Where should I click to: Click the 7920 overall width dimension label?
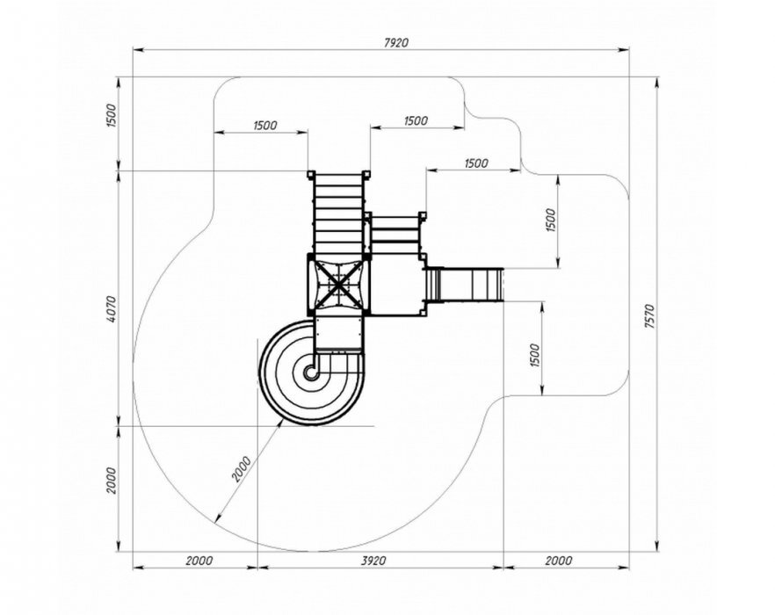(396, 42)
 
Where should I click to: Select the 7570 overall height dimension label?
(650, 316)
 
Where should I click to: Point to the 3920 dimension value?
(373, 561)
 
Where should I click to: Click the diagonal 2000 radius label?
(242, 468)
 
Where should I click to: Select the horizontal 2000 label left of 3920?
(199, 561)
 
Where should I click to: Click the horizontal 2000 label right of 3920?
(559, 561)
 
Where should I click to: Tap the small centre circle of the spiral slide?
(310, 373)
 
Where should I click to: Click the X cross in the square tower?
(338, 286)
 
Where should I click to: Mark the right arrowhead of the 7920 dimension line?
(625, 49)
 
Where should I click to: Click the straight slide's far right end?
(503, 285)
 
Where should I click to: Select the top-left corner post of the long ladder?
(310, 175)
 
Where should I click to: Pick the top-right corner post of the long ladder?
(366, 175)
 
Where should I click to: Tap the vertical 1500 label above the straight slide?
(551, 221)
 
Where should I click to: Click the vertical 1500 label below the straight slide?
(535, 356)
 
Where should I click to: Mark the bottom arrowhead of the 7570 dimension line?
(657, 546)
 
